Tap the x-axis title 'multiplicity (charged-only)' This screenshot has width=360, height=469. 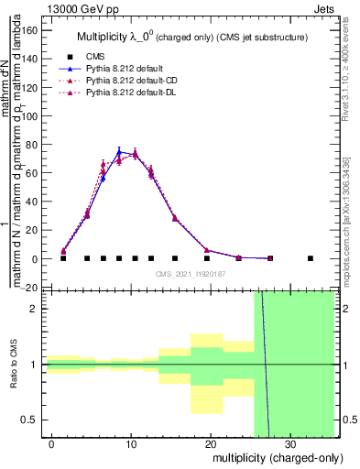tap(272, 457)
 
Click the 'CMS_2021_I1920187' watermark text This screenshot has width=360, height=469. tap(191, 273)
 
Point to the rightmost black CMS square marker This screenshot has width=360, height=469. tap(311, 258)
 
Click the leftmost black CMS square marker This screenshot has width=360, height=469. tap(63, 258)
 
